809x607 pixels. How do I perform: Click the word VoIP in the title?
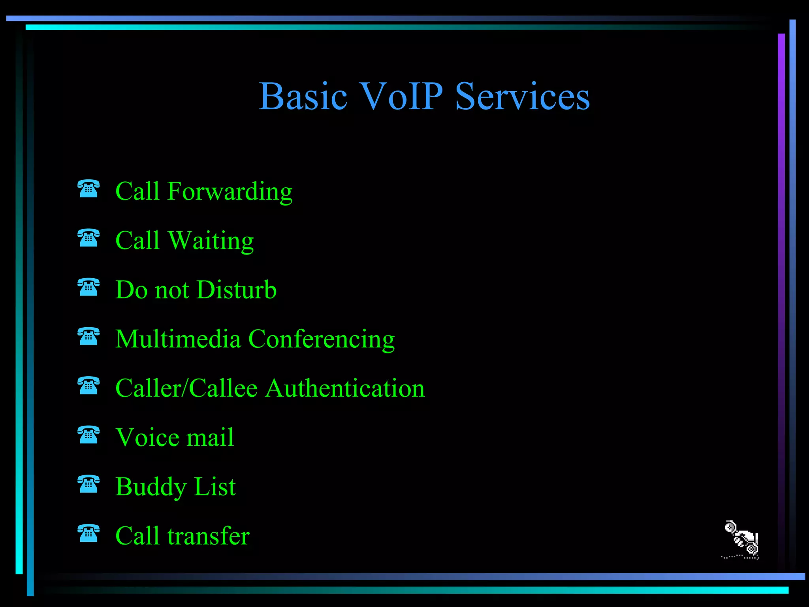[x=402, y=96]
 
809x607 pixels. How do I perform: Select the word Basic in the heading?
[x=303, y=96]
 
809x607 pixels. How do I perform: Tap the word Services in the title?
[x=522, y=96]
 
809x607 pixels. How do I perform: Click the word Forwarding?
[x=230, y=192]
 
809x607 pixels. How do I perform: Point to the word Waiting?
[x=211, y=241]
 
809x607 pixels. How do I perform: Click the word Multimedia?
[x=178, y=339]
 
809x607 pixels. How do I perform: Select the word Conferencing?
[x=321, y=340]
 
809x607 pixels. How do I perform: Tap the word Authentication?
[x=345, y=388]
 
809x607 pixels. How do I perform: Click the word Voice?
[x=147, y=437]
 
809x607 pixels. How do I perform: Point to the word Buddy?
[x=151, y=487]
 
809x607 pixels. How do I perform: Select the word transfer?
[x=208, y=536]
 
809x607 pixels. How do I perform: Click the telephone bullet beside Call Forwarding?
[x=88, y=189]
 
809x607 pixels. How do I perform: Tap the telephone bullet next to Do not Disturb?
[x=88, y=287]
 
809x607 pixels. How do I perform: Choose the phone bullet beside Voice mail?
[x=88, y=435]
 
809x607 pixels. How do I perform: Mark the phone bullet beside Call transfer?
[x=88, y=533]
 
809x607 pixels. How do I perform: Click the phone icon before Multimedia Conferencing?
[x=88, y=336]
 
